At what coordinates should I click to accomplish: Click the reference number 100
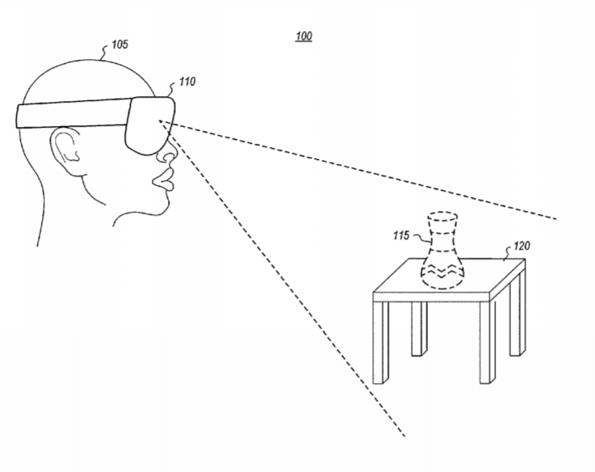(x=304, y=36)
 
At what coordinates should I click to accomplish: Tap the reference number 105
(x=120, y=44)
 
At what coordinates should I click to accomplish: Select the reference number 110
(x=187, y=82)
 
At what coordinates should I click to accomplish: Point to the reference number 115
(x=401, y=236)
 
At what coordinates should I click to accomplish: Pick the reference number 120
(x=522, y=246)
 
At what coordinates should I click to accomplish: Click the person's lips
(x=164, y=180)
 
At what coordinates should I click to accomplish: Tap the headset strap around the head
(x=72, y=113)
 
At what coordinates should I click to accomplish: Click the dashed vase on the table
(x=442, y=251)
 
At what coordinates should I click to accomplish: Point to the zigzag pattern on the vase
(x=442, y=271)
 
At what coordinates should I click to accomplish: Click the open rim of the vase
(x=442, y=217)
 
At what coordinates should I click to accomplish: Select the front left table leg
(x=380, y=343)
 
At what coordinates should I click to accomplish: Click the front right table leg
(x=488, y=342)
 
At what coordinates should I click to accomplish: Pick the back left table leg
(x=419, y=329)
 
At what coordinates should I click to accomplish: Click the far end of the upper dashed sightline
(x=556, y=219)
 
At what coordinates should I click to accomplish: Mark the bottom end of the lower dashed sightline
(x=404, y=436)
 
